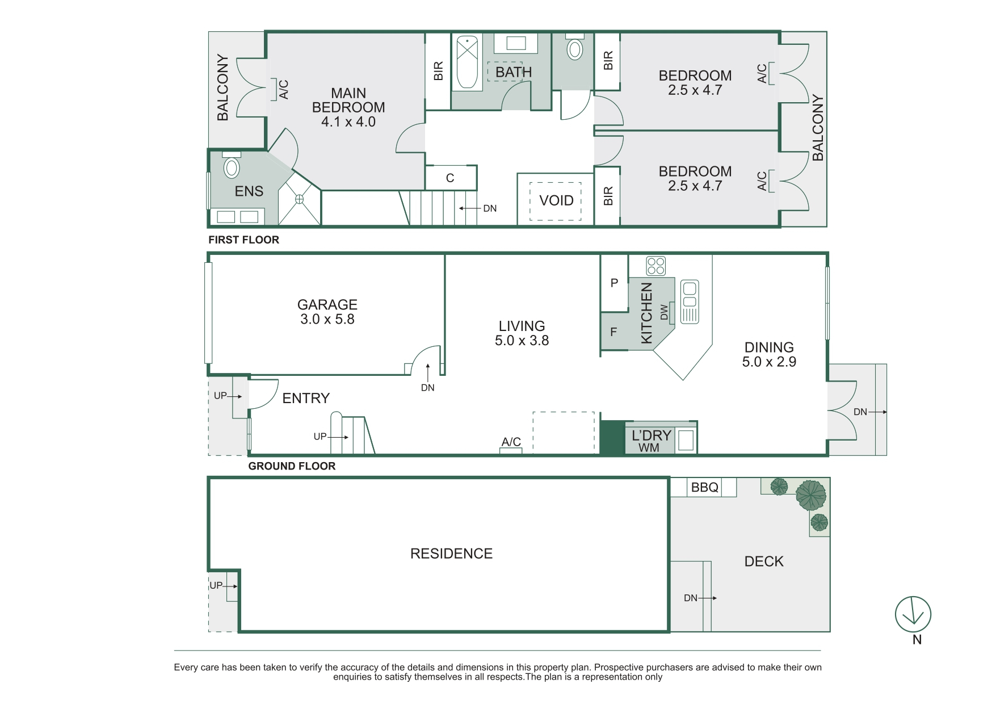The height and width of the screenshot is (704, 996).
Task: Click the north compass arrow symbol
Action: point(913,614)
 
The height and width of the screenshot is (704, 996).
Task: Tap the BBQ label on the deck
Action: point(705,487)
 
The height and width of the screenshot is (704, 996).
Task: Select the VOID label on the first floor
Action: point(556,200)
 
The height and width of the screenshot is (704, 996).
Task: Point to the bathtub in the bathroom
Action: point(467,62)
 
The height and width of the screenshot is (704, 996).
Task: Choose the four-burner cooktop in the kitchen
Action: point(655,266)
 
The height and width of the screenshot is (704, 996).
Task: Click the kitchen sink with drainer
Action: point(690,301)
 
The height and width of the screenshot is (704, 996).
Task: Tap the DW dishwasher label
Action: point(665,312)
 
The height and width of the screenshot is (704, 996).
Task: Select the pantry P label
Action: point(614,283)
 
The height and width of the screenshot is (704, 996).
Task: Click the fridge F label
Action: point(613,332)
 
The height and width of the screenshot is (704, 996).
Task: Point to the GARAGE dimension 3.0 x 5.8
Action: point(327,319)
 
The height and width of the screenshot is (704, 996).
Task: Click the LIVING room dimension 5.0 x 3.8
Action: point(522,340)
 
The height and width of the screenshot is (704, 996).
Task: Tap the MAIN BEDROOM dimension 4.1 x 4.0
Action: point(348,121)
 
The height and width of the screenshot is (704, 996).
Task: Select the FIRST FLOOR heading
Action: point(244,240)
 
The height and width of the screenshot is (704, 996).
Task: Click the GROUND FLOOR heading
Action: point(292,466)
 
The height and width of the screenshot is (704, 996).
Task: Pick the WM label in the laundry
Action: point(649,448)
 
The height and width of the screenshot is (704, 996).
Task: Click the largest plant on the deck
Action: point(811,495)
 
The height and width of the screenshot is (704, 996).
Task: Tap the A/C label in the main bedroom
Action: point(284,90)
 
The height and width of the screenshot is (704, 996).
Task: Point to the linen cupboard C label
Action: point(450,178)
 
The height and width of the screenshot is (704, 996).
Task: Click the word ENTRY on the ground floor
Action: point(306,398)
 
